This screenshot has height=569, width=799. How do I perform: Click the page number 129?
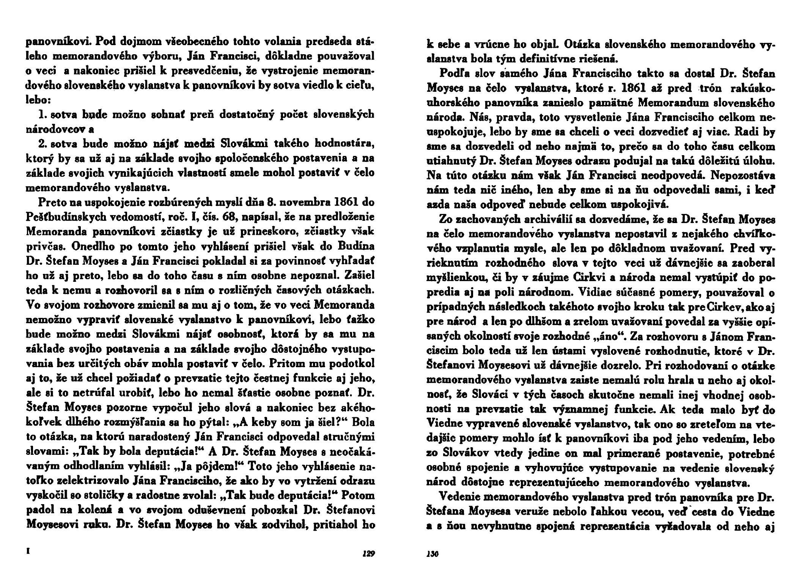click(367, 553)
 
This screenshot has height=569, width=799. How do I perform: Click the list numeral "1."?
click(44, 114)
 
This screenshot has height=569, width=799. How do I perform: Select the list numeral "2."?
click(44, 144)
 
